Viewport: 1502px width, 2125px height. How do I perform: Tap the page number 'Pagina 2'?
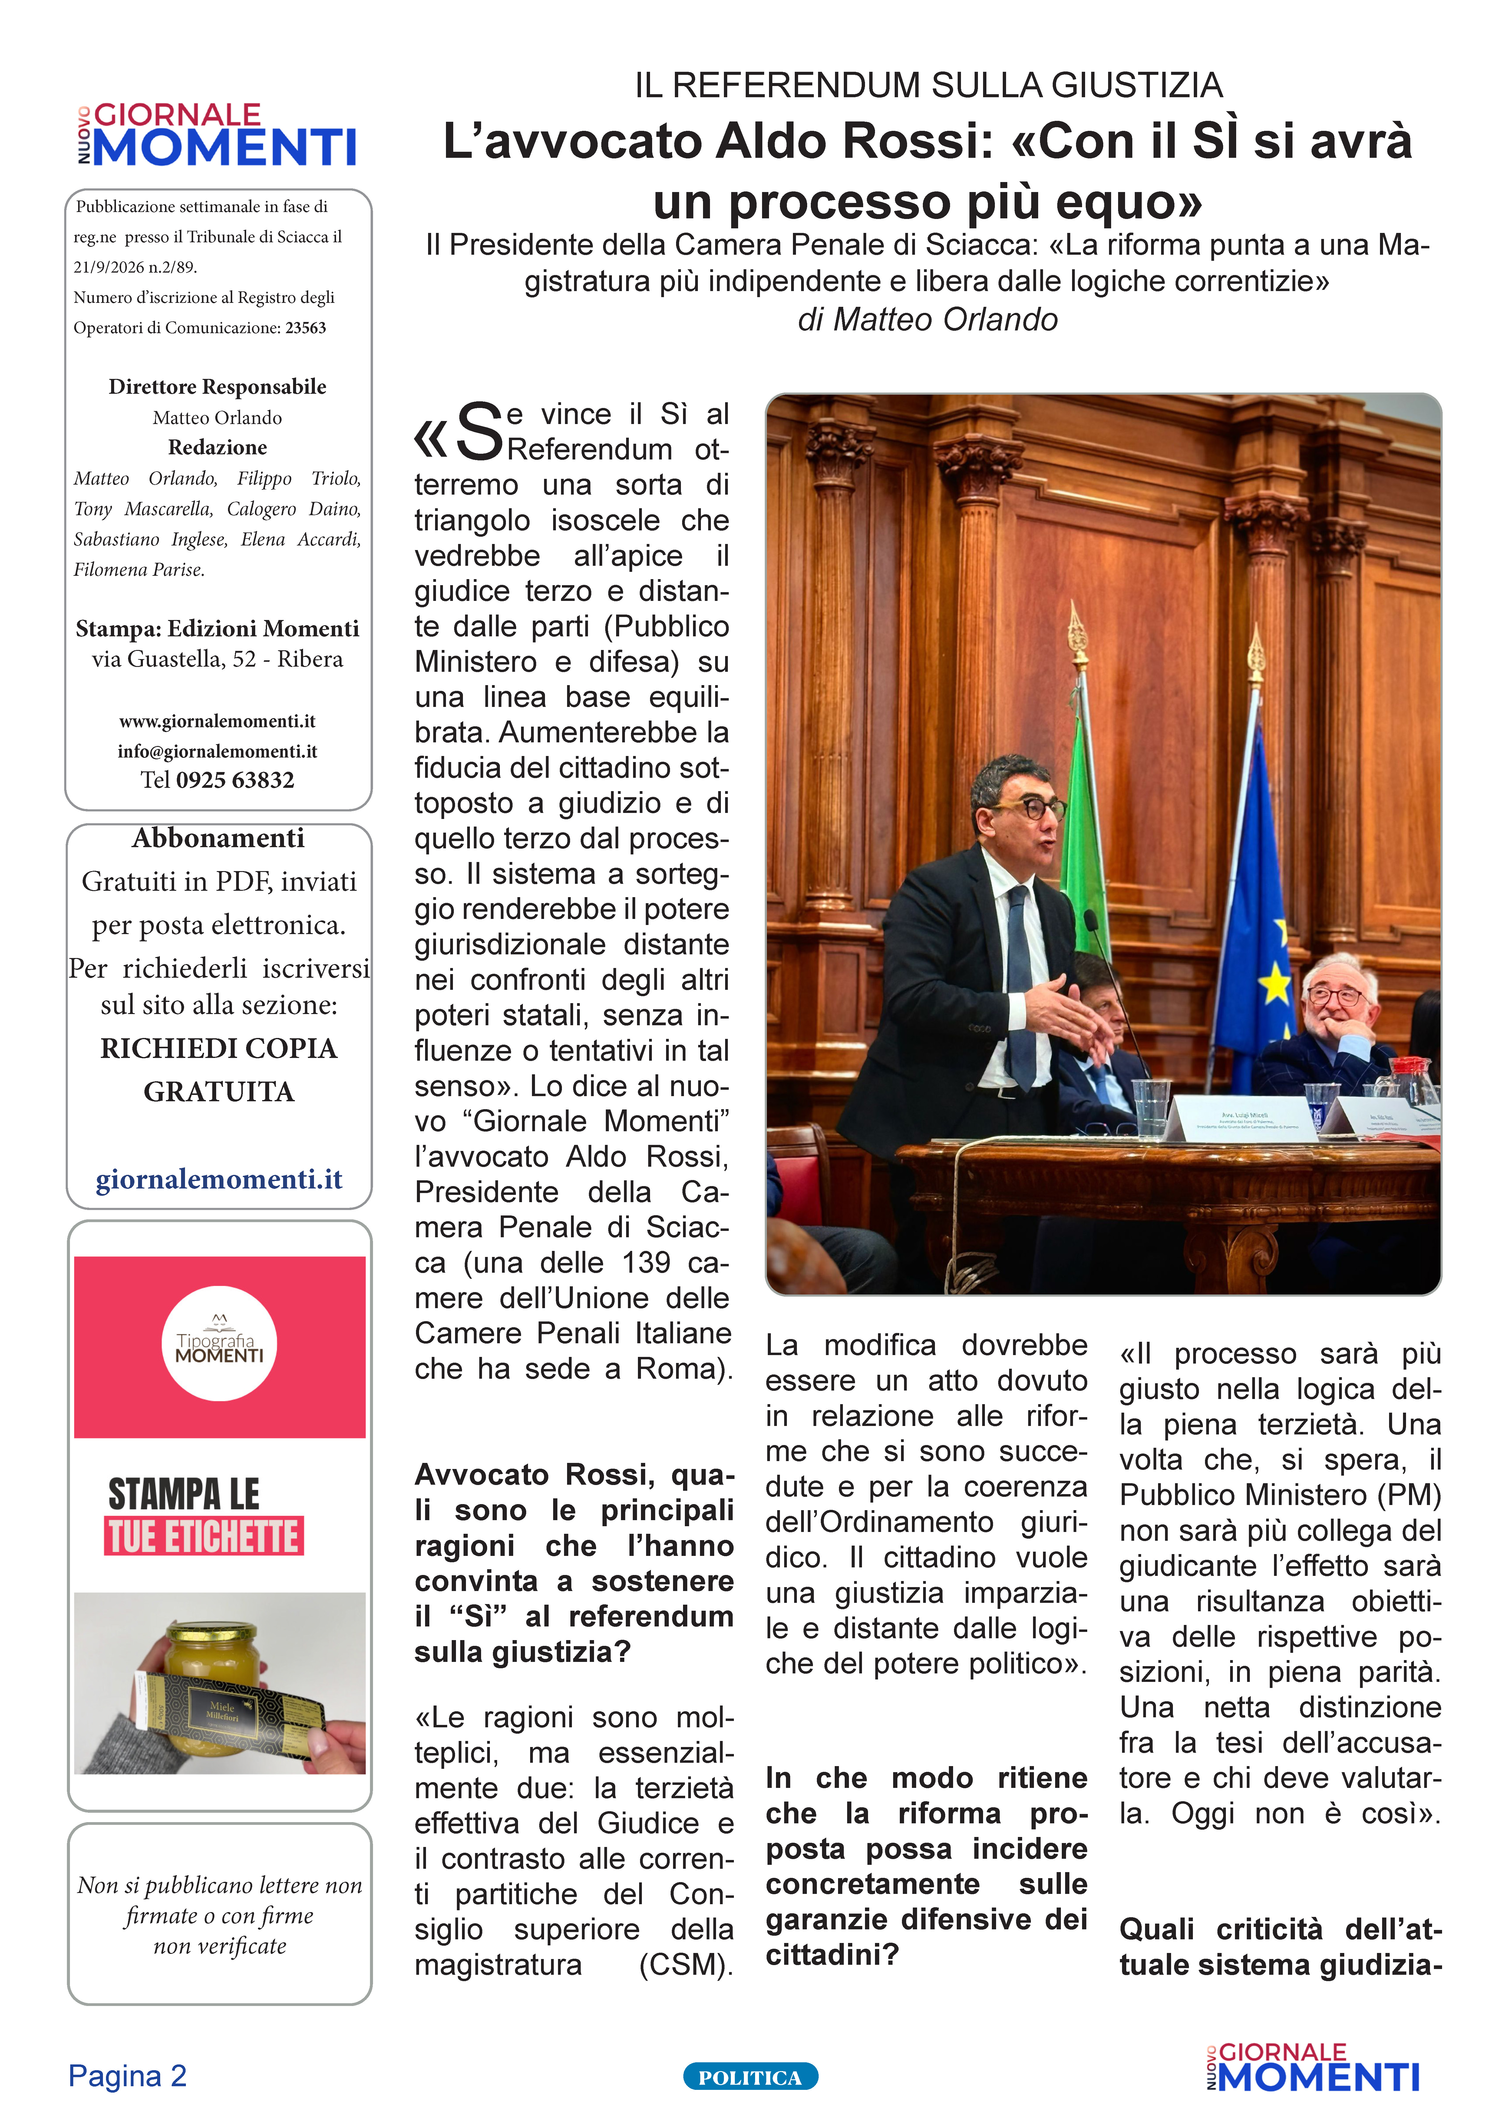pos(128,2076)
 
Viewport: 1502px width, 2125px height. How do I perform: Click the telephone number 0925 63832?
pos(235,780)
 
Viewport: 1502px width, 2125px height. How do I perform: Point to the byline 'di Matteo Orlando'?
pos(927,319)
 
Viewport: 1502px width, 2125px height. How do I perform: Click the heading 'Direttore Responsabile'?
pos(217,387)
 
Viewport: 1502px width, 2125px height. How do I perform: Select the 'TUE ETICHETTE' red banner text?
pos(203,1537)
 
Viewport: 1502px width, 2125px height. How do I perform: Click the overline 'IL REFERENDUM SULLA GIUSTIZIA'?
pos(928,85)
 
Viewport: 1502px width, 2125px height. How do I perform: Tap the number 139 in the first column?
pos(645,1262)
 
